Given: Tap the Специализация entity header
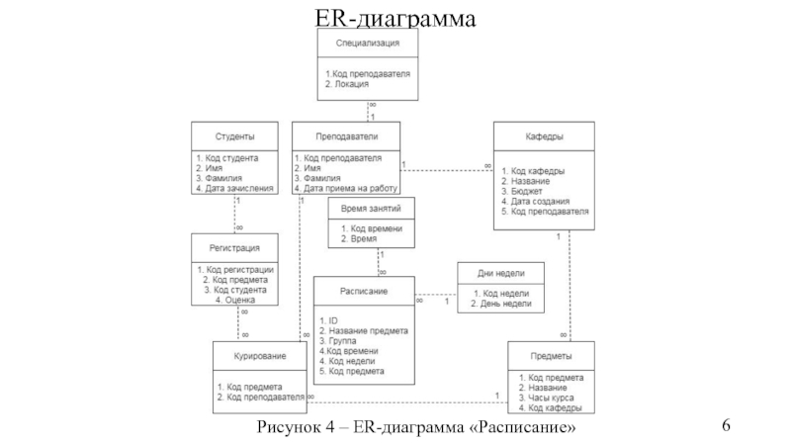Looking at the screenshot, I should coord(368,44).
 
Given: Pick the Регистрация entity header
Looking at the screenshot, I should coord(234,249).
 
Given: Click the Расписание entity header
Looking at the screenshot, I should coord(364,291).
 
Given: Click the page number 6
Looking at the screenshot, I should coord(727,425).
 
